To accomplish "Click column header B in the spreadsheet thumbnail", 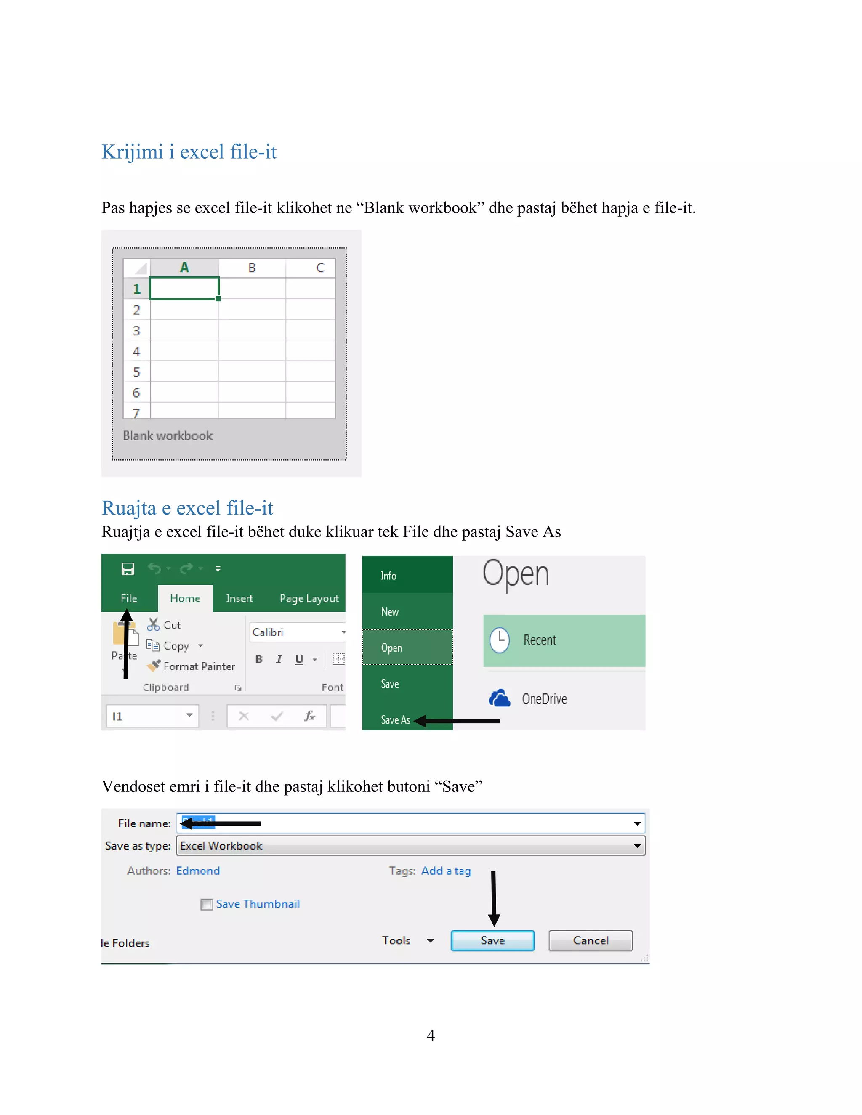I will pos(252,268).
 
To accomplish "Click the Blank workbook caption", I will pos(168,435).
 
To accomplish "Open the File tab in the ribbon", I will pos(129,598).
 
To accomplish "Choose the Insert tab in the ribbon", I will pos(239,598).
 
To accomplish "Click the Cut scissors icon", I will pos(153,624).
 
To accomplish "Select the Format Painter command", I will pos(199,666).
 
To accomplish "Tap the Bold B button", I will pos(259,659).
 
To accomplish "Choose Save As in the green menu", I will pos(395,720).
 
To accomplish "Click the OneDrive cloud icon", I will pos(499,698).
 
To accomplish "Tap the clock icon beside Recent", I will pos(500,640).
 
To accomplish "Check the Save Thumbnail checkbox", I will pos(206,904).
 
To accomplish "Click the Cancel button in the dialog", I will pos(591,940).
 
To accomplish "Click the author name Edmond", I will pos(198,871).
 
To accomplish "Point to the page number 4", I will pos(431,1035).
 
